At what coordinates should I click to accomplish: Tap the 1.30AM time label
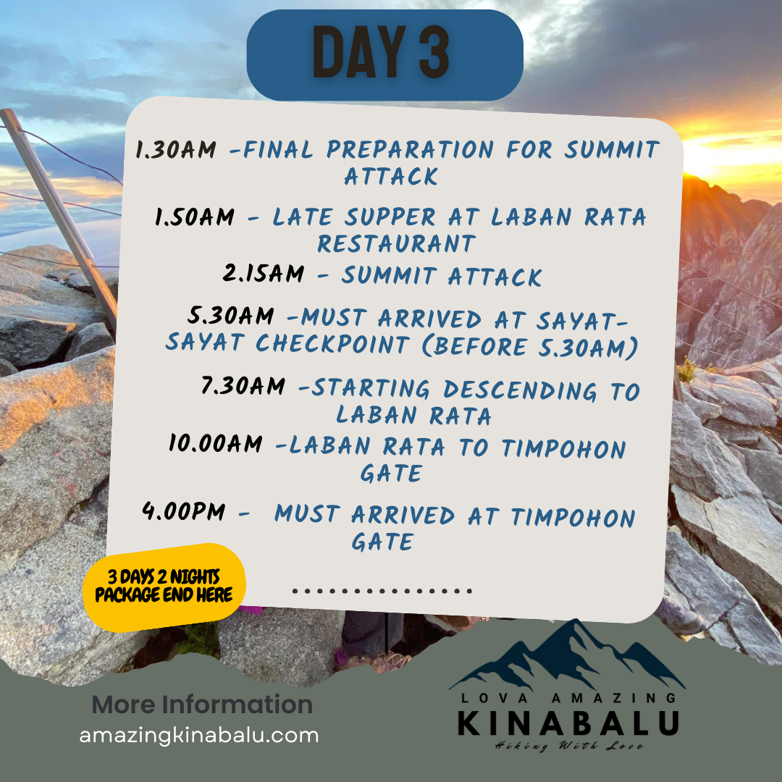coord(177,149)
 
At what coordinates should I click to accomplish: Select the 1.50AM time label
coord(195,217)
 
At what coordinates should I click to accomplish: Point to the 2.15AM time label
coord(264,273)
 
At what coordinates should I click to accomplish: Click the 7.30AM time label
coord(243,385)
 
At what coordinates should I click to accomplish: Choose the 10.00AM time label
coord(216,443)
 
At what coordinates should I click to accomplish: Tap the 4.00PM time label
coord(183,511)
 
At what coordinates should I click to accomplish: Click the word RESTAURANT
coord(397,244)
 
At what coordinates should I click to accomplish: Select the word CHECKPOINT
coord(333,344)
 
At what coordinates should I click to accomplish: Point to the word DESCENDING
coord(520,390)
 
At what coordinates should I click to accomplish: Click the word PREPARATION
coord(410,149)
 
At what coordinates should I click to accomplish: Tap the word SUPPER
coord(391,217)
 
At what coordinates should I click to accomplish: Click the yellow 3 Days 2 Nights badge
coord(164,587)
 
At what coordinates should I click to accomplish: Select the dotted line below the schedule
coord(382,592)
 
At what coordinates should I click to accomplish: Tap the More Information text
coord(203,705)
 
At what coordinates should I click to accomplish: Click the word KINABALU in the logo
coord(568,723)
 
